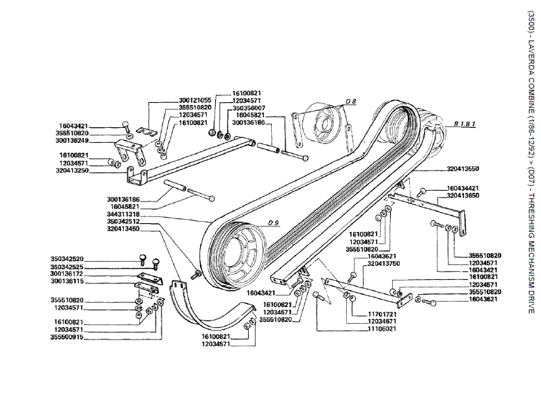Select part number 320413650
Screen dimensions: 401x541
click(463, 195)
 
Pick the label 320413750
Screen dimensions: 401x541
click(383, 263)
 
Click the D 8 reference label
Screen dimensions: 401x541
click(350, 101)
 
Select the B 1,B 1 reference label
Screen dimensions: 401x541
click(465, 124)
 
